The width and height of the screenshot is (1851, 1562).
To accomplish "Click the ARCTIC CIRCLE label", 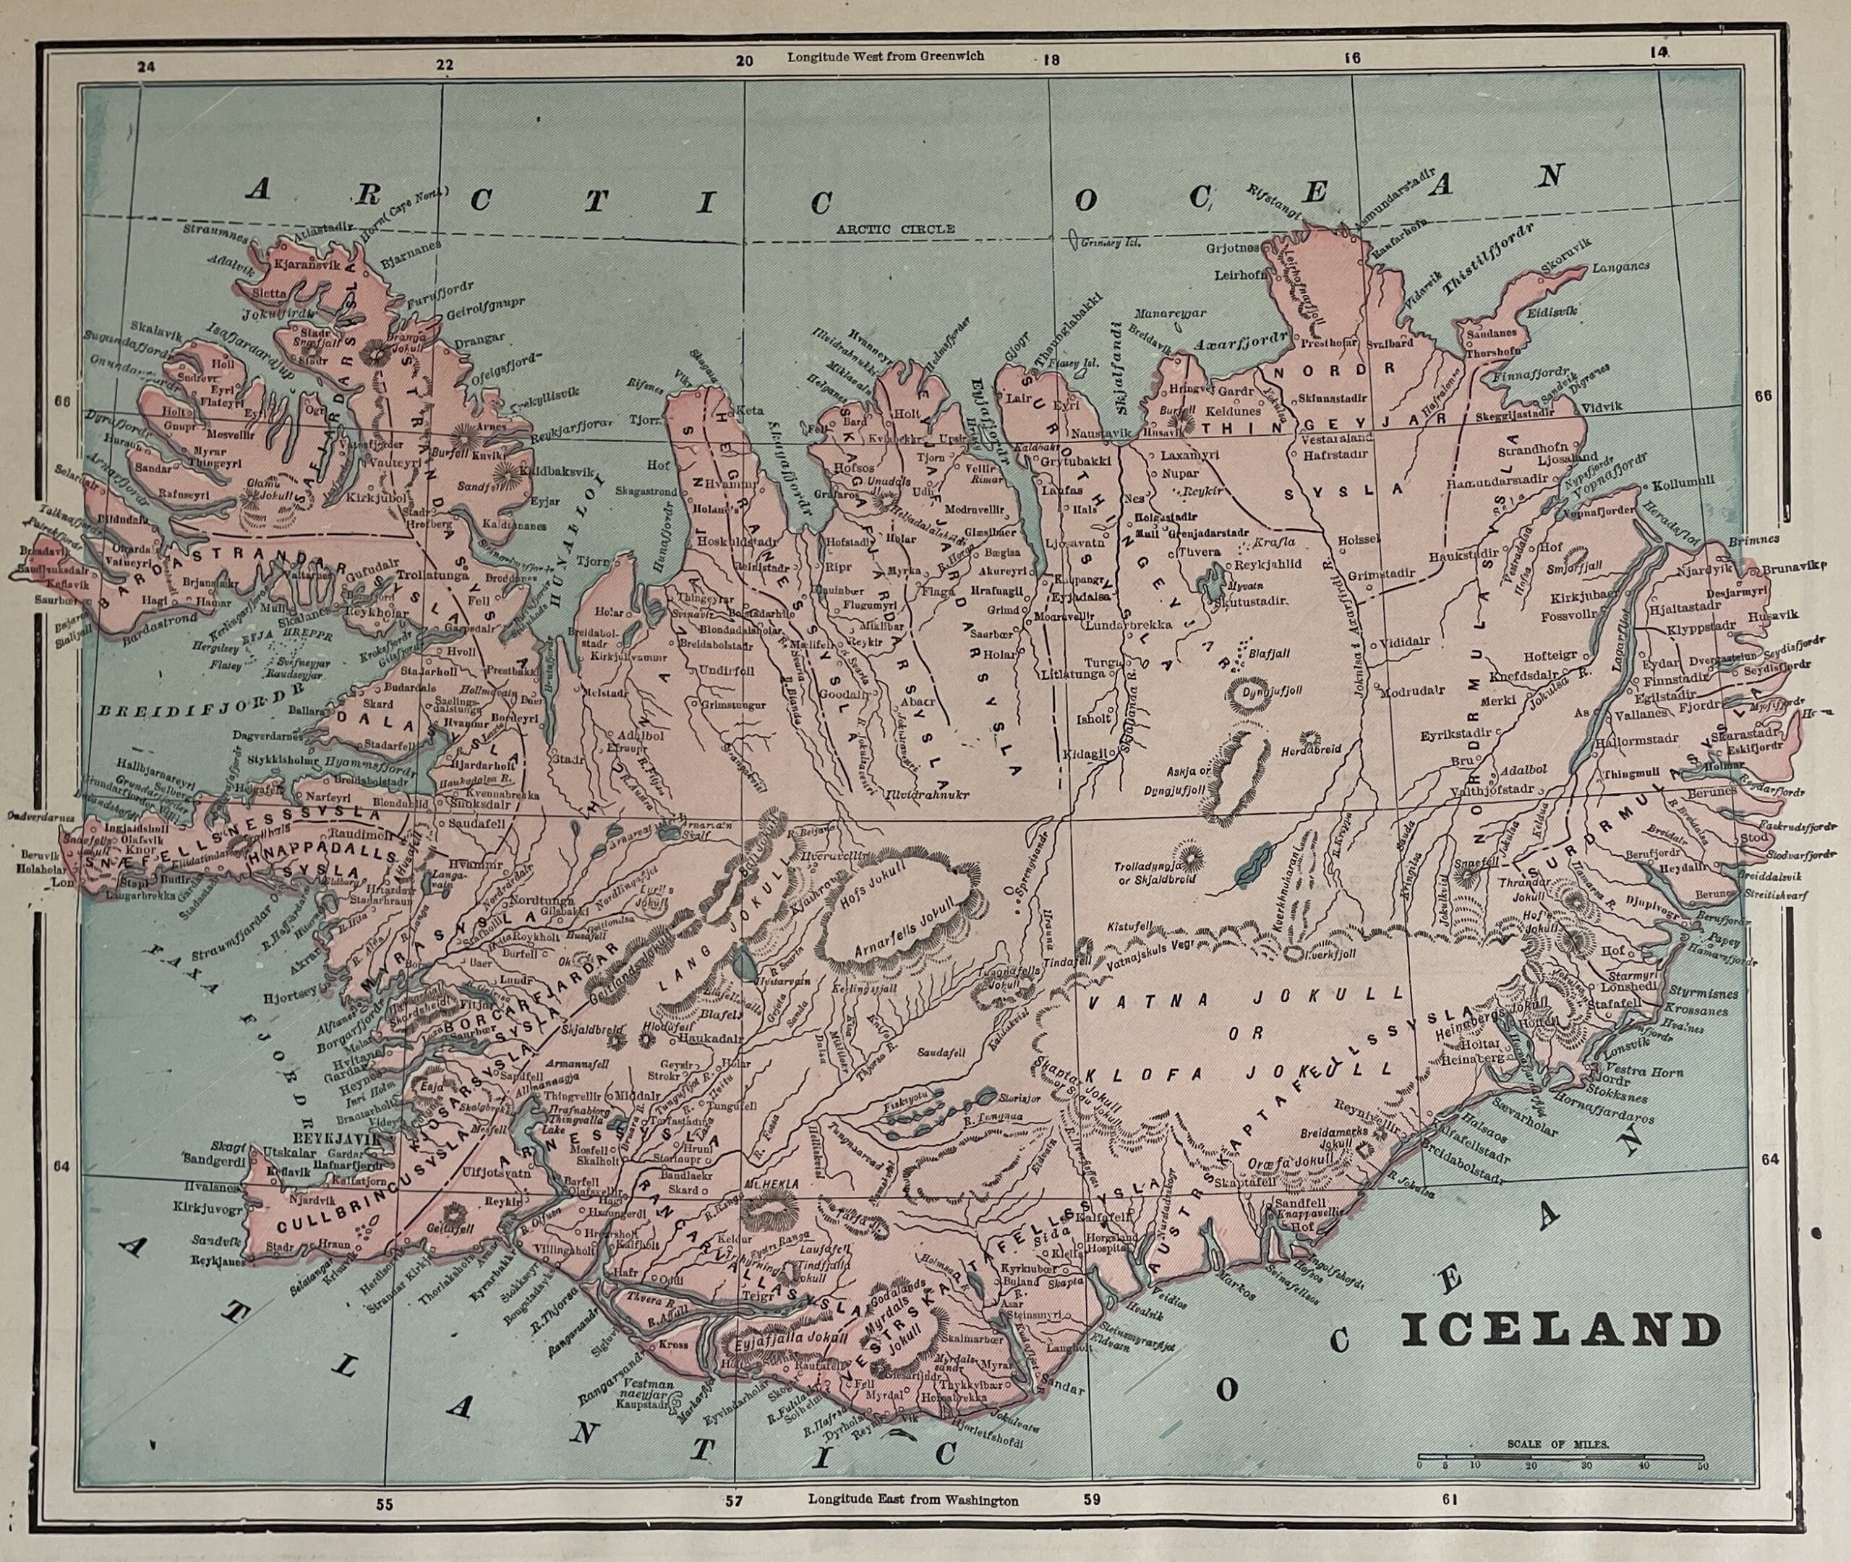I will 897,228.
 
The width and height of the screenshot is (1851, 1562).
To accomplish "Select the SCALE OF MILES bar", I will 1560,1456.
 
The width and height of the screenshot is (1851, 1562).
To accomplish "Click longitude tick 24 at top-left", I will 146,64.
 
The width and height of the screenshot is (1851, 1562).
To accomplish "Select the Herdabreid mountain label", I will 1311,749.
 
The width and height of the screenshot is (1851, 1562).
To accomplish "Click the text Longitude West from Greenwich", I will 885,56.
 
